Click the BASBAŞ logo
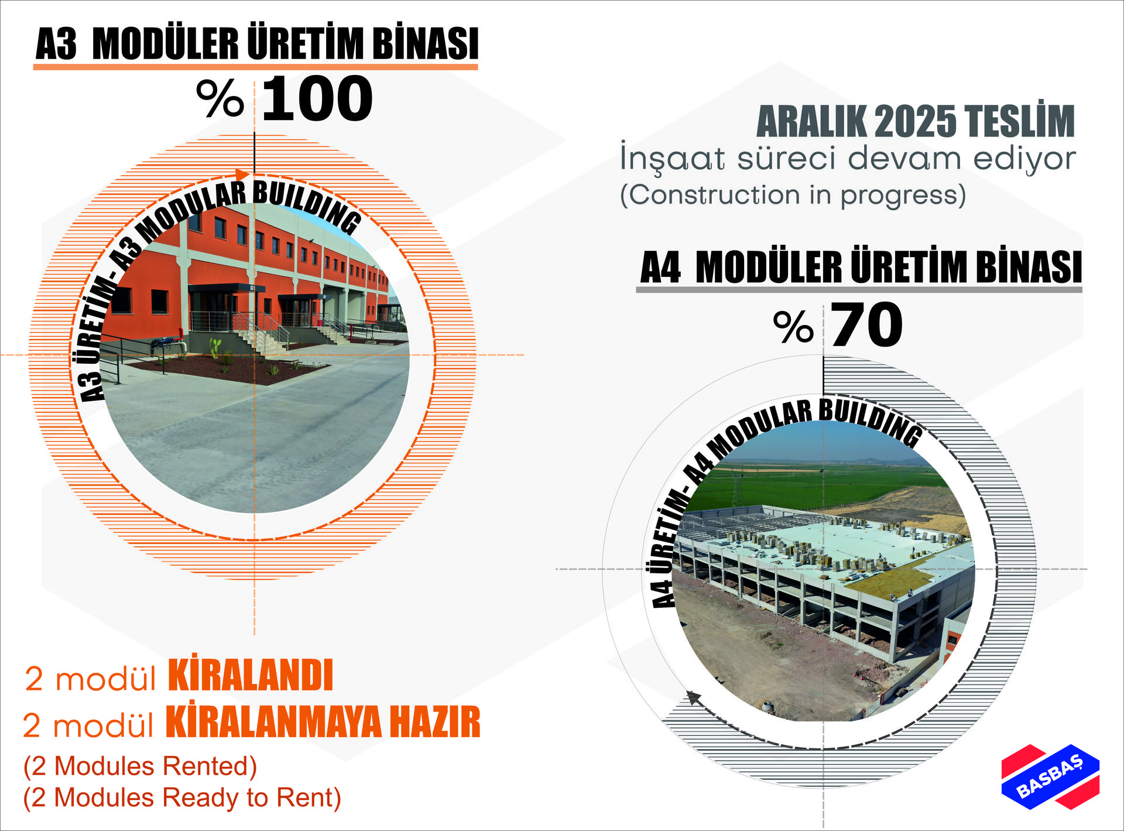point(1050,777)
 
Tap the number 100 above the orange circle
point(317,99)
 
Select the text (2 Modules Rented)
point(140,766)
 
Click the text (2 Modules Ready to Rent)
point(182,798)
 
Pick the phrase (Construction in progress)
point(793,195)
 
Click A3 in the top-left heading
point(56,44)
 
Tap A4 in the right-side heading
point(660,268)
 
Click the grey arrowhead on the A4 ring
point(693,698)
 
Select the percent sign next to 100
point(220,98)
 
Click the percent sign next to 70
point(793,327)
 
